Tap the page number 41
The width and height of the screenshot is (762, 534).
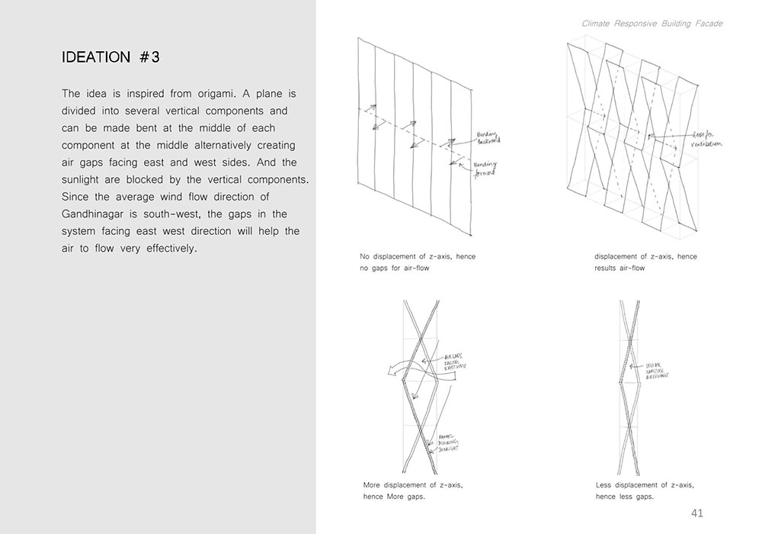click(x=696, y=513)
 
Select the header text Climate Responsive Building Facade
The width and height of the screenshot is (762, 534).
click(x=652, y=24)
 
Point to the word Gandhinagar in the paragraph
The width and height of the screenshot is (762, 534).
click(x=102, y=214)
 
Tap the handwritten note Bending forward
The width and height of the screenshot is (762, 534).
click(x=482, y=169)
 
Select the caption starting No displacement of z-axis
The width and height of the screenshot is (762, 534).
click(x=417, y=262)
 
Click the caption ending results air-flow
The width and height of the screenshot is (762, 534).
click(x=645, y=262)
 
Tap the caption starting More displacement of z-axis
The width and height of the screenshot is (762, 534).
click(x=412, y=491)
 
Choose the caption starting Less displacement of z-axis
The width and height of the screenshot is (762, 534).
click(x=645, y=491)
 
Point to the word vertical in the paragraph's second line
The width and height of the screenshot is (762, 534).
click(x=197, y=111)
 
